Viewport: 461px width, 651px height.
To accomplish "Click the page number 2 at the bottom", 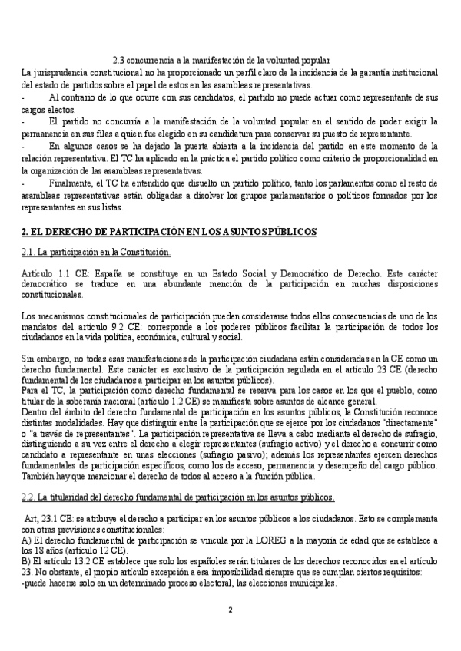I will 230,610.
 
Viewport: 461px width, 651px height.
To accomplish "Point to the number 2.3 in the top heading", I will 118,61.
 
